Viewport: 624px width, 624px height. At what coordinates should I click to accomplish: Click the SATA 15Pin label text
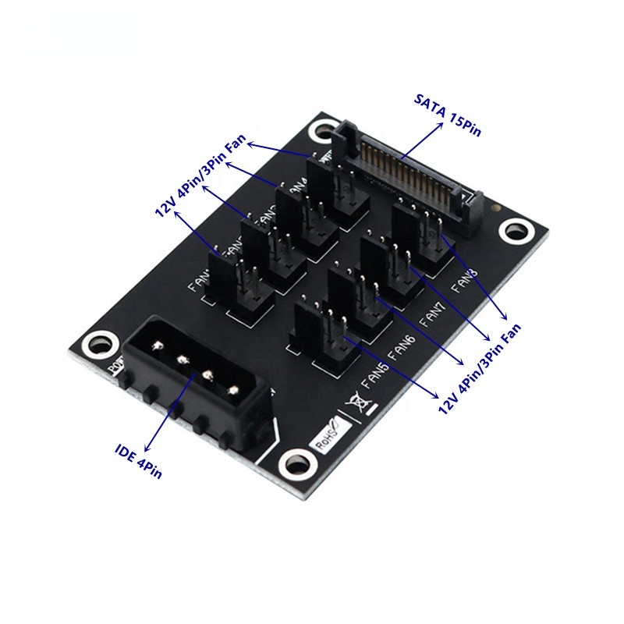click(448, 115)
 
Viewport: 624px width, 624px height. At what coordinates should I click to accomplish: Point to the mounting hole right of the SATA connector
click(512, 231)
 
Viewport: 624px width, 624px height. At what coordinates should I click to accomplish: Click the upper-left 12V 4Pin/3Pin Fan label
click(199, 179)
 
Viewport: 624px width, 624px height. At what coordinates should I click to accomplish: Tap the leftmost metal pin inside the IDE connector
click(159, 346)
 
